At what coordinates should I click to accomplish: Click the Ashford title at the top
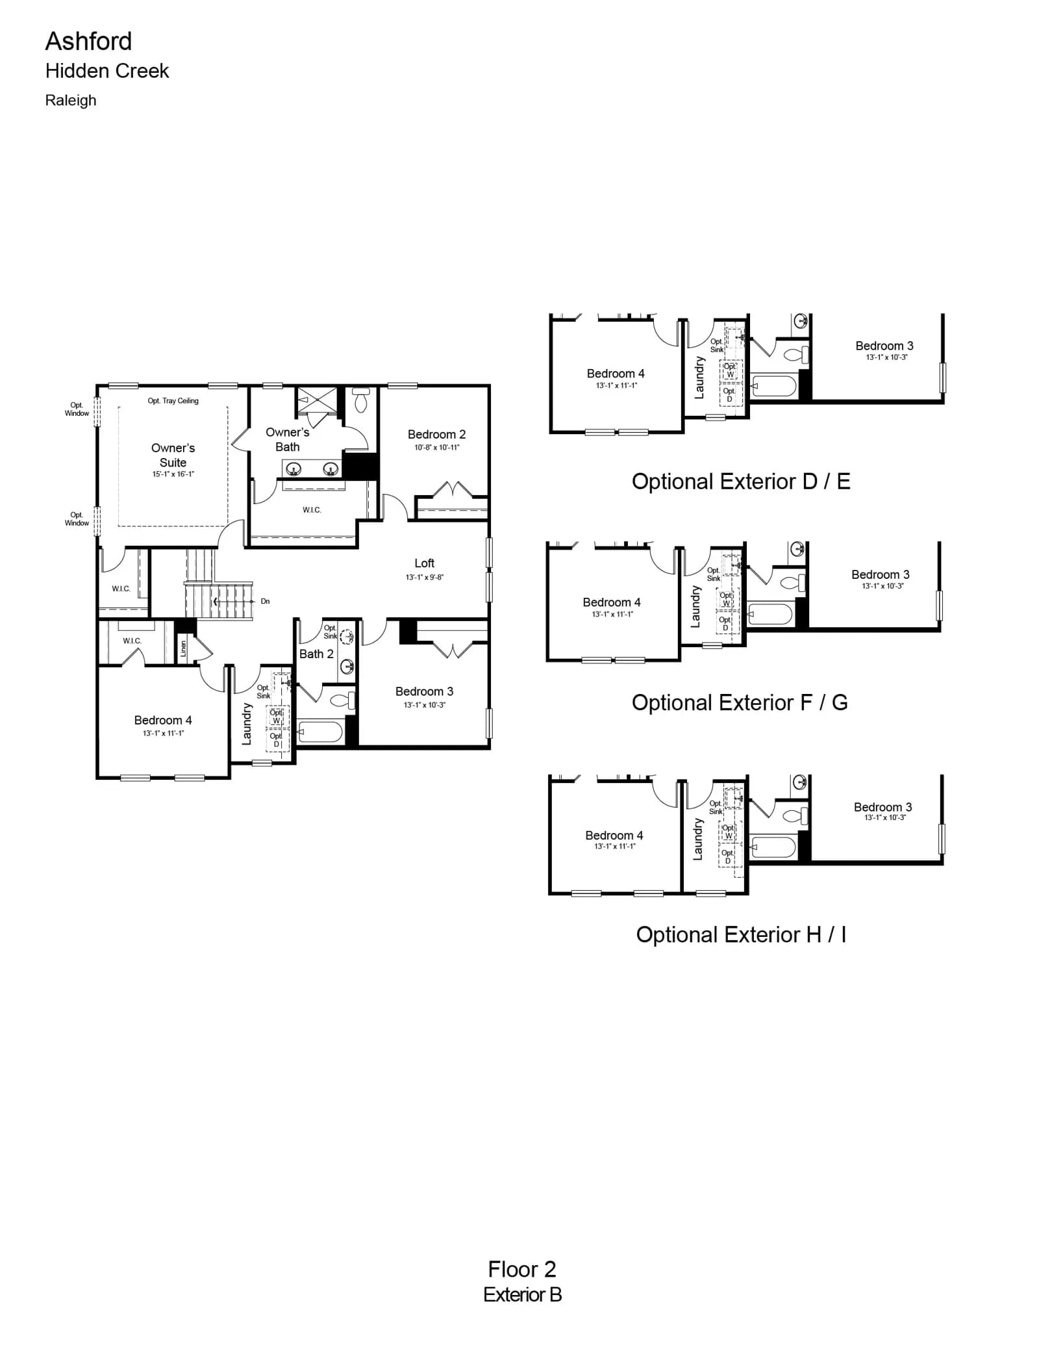coord(88,42)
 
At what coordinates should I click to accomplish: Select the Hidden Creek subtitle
coord(107,71)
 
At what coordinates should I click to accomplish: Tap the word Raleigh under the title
coord(71,101)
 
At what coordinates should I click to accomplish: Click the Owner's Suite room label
coord(173,455)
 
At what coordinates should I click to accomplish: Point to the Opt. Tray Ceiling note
coord(173,401)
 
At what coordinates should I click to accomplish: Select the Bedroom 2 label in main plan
coord(436,434)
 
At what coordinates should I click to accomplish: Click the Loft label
coord(425,563)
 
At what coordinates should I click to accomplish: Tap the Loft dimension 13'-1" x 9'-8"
coord(425,577)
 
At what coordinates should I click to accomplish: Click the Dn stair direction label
coord(265,602)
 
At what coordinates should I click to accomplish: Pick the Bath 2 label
coord(316,654)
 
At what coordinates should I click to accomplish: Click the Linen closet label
coord(183,648)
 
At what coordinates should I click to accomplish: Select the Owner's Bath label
coord(288,439)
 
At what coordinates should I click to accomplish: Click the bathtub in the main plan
coord(320,732)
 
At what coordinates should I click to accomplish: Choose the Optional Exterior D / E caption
coord(741,481)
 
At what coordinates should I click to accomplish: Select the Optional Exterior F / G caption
coord(740,702)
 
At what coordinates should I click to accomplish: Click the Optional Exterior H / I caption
coord(741,934)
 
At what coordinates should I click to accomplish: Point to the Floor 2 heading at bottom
coord(522,1269)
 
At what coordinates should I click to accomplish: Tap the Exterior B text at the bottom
coord(523,1295)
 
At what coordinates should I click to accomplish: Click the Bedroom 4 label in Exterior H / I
coord(614,836)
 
